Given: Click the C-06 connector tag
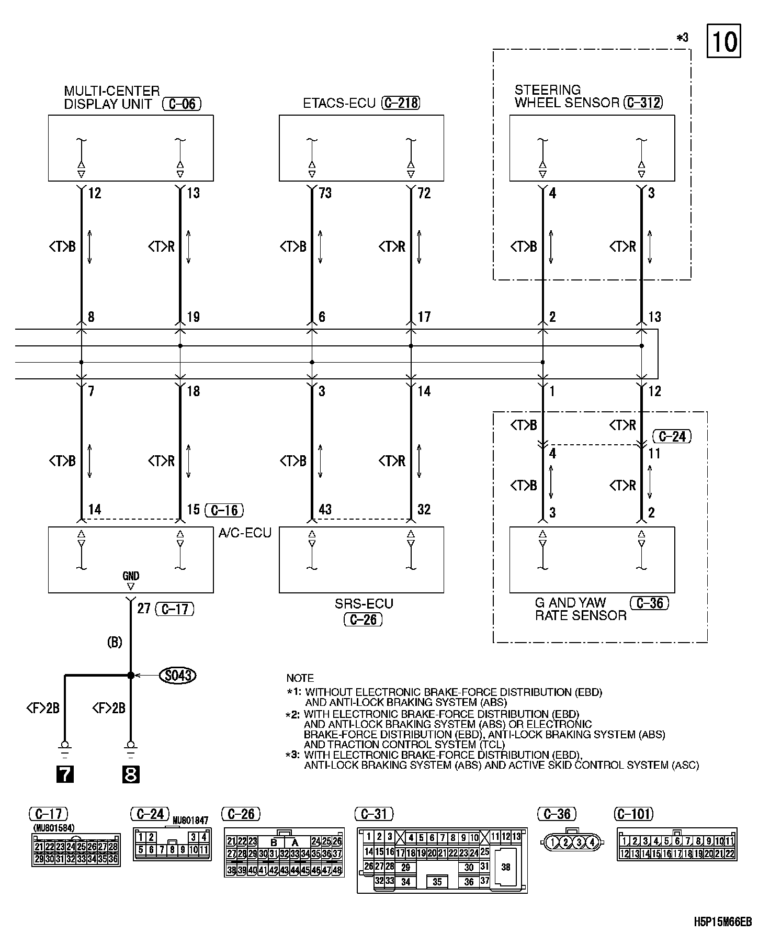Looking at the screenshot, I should coord(182,104).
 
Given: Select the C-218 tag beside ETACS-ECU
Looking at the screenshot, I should coord(401,103).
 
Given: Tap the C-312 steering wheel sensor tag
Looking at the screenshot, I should coord(643,103).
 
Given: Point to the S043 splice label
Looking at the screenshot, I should coord(177,676).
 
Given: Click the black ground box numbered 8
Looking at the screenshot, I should coord(130,774).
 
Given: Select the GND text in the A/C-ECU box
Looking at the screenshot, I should coord(131,576).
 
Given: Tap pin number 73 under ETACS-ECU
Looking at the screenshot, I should coord(325,194).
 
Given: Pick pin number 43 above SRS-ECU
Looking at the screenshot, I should coord(325,509).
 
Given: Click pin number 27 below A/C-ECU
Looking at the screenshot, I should coord(144,608).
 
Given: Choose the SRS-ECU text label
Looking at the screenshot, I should coord(364,603).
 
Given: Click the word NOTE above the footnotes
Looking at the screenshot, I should coord(300,678).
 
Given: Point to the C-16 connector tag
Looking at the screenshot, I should coord(224,510).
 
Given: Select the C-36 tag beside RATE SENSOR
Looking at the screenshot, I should coord(650,603).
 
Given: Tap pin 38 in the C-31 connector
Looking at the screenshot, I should coord(505,867).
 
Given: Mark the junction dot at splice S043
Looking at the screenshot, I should coord(130,676).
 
